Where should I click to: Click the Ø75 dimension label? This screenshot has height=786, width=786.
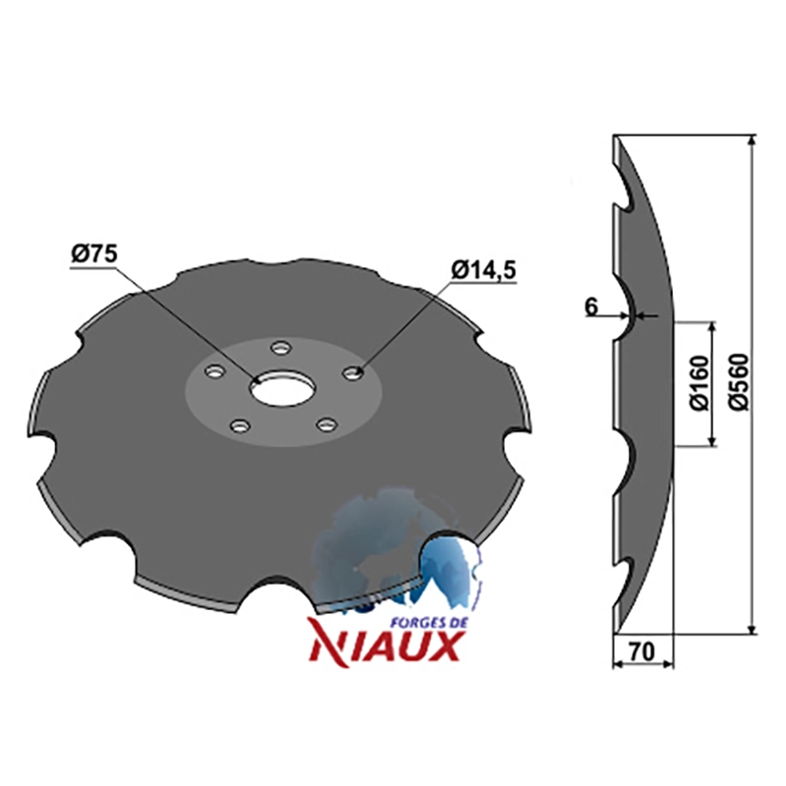93,254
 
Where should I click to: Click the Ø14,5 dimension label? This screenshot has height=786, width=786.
483,271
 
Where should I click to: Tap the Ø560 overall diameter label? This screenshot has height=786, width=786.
739,382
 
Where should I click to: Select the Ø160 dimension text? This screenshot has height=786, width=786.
701,382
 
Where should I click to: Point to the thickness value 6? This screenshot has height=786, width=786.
592,307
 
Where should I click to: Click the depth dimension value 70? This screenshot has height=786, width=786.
643,651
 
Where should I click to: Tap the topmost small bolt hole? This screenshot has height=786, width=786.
280,347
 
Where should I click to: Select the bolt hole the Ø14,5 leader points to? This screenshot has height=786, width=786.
353,373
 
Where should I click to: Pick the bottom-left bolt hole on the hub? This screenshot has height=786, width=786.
240,425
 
